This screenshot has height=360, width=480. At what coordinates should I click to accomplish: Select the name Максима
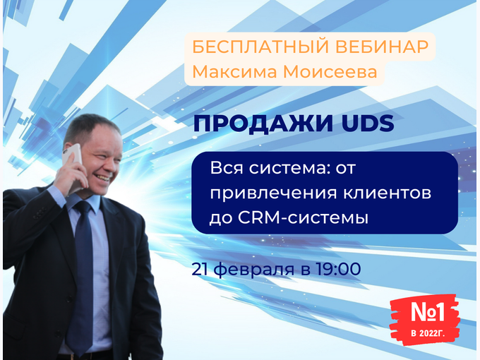click(235, 72)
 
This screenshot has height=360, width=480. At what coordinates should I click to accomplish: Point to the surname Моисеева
click(330, 72)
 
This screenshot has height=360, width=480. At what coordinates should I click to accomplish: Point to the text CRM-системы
click(303, 218)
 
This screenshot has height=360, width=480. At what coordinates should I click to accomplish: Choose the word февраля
click(254, 270)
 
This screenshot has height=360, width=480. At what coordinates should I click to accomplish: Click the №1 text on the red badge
click(428, 312)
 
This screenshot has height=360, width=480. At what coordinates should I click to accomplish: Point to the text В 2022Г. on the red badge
click(428, 333)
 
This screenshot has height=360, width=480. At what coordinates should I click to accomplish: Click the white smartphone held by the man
click(73, 164)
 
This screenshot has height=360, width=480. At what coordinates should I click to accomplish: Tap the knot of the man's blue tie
click(83, 208)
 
